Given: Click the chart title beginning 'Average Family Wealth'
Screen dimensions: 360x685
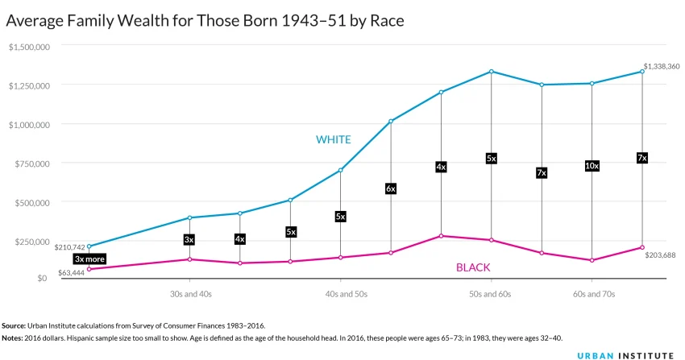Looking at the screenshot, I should click(205, 21).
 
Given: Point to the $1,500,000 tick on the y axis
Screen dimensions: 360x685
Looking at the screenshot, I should click(29, 47).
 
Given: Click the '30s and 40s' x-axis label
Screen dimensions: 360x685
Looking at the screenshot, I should click(190, 295).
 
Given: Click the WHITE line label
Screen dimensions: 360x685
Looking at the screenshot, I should click(333, 139).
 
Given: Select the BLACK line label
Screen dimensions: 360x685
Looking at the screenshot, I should click(473, 267).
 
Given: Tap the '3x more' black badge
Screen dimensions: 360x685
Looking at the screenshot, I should click(89, 259).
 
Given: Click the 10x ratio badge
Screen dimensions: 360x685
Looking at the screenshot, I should click(592, 166).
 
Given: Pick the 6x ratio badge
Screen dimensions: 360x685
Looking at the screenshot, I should click(391, 188).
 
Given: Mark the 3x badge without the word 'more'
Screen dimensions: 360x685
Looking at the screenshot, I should click(189, 239).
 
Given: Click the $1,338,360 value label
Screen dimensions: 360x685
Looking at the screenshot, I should click(662, 66).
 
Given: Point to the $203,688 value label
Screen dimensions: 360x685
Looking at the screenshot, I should click(660, 255).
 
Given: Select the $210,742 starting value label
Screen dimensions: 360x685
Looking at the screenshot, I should click(69, 247).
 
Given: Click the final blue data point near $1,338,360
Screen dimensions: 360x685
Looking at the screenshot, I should click(641, 72).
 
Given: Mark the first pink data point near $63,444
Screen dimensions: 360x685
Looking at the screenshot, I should click(89, 269).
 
